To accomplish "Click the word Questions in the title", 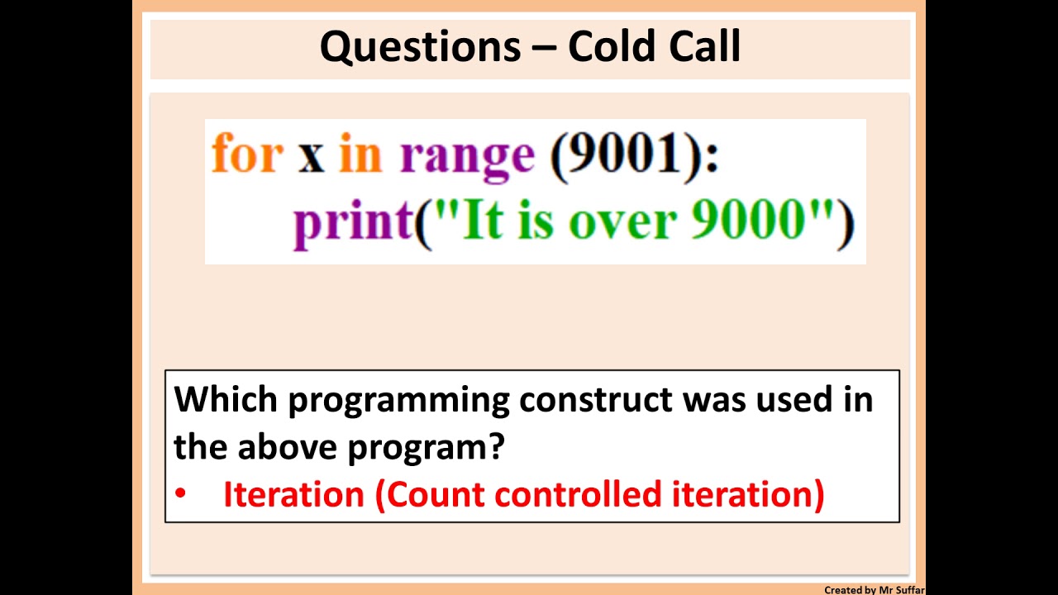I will [x=420, y=47].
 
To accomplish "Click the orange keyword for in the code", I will [x=247, y=155].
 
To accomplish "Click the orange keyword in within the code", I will [x=360, y=155].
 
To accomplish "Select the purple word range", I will [x=467, y=157].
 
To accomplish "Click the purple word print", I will [x=352, y=223].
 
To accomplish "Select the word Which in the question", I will [x=226, y=399].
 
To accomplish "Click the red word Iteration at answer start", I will [x=293, y=494].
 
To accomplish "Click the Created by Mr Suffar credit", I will [x=874, y=590].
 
